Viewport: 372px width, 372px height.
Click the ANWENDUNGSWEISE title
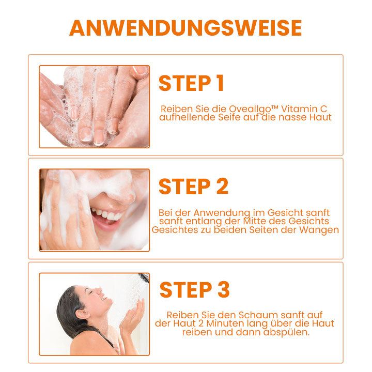click(185, 28)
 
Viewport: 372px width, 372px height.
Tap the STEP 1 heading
click(191, 83)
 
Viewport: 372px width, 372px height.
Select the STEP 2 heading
click(193, 187)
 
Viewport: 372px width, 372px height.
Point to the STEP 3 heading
click(195, 290)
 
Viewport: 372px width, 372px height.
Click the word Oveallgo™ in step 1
click(253, 109)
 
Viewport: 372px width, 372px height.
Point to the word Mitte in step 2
click(255, 221)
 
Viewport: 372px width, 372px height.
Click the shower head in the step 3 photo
click(144, 277)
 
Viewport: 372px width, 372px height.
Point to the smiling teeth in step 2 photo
click(107, 215)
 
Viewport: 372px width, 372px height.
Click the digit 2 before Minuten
click(200, 323)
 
